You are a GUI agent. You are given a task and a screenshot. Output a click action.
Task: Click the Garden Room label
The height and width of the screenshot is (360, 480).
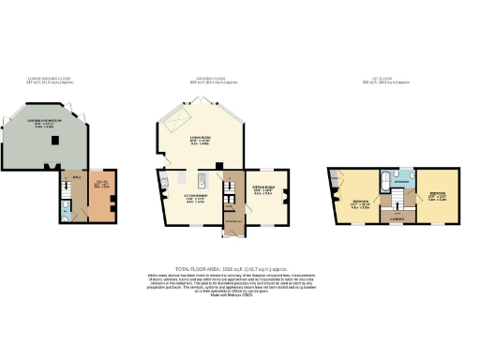click(44, 123)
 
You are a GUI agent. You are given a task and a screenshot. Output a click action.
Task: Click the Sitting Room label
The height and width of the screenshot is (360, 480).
click(262, 191)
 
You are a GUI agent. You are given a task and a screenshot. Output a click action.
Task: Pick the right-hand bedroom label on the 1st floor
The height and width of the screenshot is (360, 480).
click(435, 199)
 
